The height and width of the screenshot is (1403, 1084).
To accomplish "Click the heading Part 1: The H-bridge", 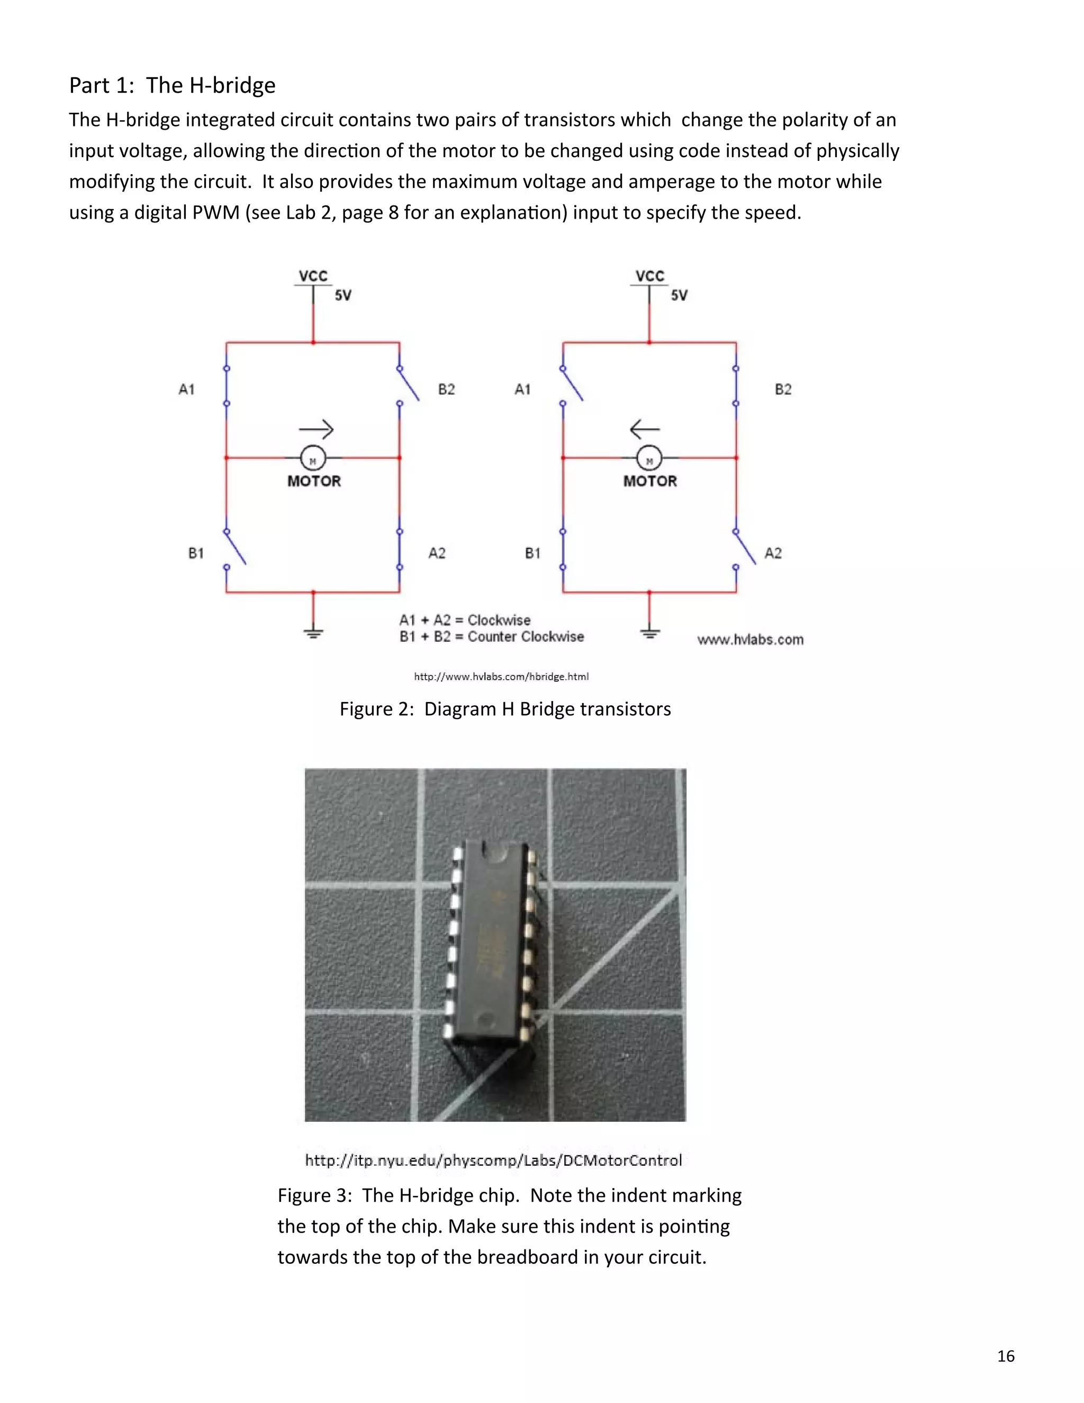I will pyautogui.click(x=172, y=85).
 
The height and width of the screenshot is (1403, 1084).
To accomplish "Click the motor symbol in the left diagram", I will pyautogui.click(x=313, y=458).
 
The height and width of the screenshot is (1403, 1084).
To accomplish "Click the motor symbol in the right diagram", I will pyautogui.click(x=649, y=458).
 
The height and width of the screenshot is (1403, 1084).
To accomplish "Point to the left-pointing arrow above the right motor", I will pyautogui.click(x=645, y=428).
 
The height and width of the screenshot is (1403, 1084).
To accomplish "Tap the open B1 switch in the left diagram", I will pyautogui.click(x=235, y=548).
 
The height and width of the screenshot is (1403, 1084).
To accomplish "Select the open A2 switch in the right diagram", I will pyautogui.click(x=745, y=548).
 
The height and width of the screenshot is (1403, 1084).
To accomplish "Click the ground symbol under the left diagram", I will pyautogui.click(x=313, y=633).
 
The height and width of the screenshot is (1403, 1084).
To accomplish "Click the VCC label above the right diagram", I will pyautogui.click(x=649, y=276).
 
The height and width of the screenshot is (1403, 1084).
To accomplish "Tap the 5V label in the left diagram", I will pyautogui.click(x=343, y=295).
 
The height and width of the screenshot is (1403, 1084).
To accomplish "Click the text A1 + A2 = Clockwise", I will pyautogui.click(x=465, y=620).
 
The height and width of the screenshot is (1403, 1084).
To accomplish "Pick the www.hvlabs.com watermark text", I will pyautogui.click(x=750, y=639).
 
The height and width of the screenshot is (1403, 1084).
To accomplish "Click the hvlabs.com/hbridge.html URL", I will pyautogui.click(x=501, y=677).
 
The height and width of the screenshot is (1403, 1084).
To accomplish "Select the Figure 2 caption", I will pyautogui.click(x=505, y=709).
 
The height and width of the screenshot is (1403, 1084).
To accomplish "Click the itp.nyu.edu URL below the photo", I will pyautogui.click(x=493, y=1160).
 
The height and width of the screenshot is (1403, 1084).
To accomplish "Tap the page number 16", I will pyautogui.click(x=1006, y=1356).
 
